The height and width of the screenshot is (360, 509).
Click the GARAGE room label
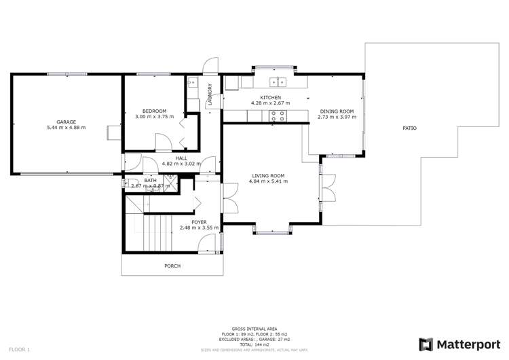click(x=66, y=122)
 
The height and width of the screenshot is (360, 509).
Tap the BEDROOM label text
click(x=154, y=111)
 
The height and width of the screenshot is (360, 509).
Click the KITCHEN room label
click(x=270, y=97)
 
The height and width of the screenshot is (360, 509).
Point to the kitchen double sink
click(x=279, y=82)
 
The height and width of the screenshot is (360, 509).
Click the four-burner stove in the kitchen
click(x=276, y=116)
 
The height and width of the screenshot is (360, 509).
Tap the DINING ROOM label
click(x=337, y=111)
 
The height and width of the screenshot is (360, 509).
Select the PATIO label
click(x=409, y=128)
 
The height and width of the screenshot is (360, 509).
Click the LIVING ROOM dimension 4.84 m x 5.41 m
click(x=266, y=181)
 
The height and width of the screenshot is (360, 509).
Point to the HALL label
click(x=181, y=158)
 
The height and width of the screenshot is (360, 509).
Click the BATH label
click(x=149, y=180)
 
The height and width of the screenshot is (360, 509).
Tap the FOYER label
click(x=199, y=222)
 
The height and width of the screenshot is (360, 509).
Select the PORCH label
click(x=172, y=266)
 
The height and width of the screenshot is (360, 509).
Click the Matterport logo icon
click(x=426, y=344)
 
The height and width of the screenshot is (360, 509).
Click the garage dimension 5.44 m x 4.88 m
click(x=66, y=128)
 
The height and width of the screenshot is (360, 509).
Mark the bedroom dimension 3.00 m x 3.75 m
click(x=154, y=117)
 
